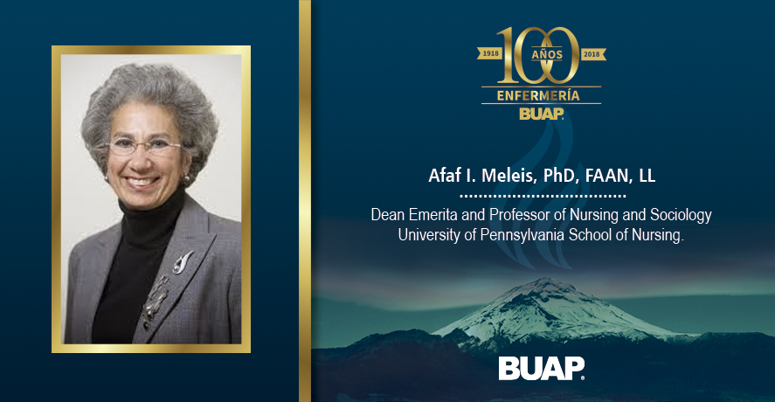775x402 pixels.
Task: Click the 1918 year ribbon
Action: click(x=490, y=53)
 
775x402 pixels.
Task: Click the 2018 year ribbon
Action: click(x=592, y=54)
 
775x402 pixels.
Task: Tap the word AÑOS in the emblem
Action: click(x=547, y=55)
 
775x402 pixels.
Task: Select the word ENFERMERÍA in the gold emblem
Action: click(x=538, y=95)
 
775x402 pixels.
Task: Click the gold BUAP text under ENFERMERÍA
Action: click(x=541, y=114)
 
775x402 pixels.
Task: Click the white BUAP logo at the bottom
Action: click(x=541, y=369)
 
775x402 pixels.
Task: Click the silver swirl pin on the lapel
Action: click(x=182, y=262)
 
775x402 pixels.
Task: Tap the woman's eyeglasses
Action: click(x=144, y=146)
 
